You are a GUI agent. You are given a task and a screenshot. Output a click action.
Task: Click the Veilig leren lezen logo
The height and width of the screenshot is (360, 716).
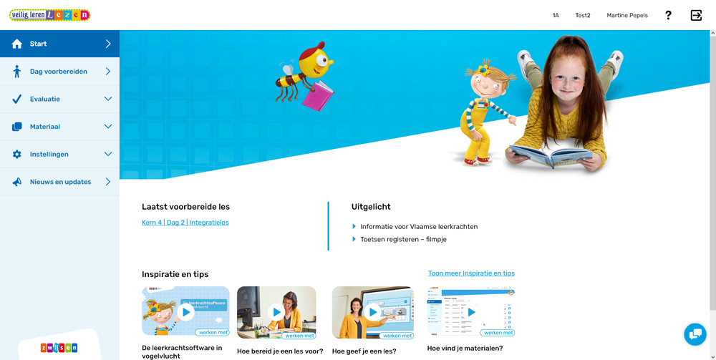49,15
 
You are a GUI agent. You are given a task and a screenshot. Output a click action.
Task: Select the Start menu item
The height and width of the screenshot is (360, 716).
59,44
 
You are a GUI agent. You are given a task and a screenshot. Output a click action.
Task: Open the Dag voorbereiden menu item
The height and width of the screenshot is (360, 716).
59,72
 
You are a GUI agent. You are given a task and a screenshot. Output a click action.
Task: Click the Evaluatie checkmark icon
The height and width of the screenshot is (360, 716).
17,99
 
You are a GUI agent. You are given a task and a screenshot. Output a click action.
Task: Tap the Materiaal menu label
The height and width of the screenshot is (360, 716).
45,127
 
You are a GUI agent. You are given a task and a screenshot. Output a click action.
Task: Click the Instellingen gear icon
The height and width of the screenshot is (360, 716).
17,155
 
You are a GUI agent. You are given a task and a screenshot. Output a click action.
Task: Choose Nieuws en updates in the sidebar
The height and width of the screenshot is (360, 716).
60,182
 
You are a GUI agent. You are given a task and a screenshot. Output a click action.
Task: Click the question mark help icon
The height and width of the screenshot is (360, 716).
668,15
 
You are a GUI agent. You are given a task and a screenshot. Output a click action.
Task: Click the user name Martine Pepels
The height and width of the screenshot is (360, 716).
627,15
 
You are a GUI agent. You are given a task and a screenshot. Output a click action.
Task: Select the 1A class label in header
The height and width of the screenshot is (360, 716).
556,15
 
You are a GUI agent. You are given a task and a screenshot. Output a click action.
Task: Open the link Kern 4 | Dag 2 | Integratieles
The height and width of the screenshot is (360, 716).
185,223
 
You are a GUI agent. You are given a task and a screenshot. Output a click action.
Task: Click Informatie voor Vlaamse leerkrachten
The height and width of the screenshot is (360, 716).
419,227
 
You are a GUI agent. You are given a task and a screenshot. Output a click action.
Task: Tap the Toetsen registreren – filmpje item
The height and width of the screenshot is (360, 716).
403,240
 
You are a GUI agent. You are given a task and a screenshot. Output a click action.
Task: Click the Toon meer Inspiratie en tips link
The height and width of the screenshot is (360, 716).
471,273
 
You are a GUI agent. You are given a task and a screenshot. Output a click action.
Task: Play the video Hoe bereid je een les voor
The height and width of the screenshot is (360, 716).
276,312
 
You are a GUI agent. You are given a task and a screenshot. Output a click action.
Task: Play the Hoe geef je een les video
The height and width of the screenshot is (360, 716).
372,312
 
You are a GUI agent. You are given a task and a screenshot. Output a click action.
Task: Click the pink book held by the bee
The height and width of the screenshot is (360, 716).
318,96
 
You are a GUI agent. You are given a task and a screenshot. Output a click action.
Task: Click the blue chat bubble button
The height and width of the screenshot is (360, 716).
695,334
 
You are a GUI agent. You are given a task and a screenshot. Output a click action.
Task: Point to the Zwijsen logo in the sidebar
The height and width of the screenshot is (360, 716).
59,348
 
